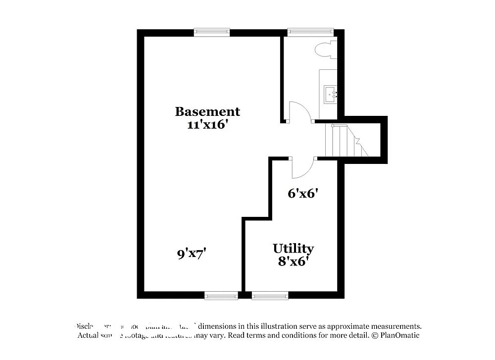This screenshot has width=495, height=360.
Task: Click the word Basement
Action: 207,111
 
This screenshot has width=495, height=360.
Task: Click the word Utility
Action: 293,248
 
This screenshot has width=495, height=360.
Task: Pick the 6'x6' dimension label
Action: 302,193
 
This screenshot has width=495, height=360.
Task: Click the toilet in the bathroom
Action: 327,50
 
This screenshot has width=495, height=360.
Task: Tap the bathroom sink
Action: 330,94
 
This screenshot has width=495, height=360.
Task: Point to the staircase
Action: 346,141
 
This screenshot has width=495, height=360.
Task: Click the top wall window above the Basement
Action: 212,33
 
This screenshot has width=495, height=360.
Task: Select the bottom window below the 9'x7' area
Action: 221,296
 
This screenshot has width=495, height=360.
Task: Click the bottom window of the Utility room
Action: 270,296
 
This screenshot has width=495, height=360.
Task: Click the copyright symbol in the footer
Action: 375,335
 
